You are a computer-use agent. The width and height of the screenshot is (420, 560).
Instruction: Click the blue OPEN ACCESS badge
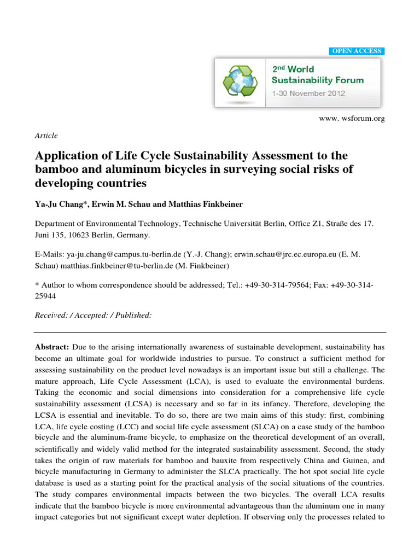[x=357, y=51]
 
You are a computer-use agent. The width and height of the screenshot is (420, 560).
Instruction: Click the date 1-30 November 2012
[x=308, y=93]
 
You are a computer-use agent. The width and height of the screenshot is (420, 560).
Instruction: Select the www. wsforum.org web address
[x=352, y=119]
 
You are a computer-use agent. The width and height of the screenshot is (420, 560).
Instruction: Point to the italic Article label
[x=46, y=136]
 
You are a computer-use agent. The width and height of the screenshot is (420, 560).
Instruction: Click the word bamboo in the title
[x=53, y=169]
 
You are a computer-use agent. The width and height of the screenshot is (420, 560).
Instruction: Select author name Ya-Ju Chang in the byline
[x=59, y=204]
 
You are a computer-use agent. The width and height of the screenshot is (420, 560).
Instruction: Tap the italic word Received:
[x=54, y=316]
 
